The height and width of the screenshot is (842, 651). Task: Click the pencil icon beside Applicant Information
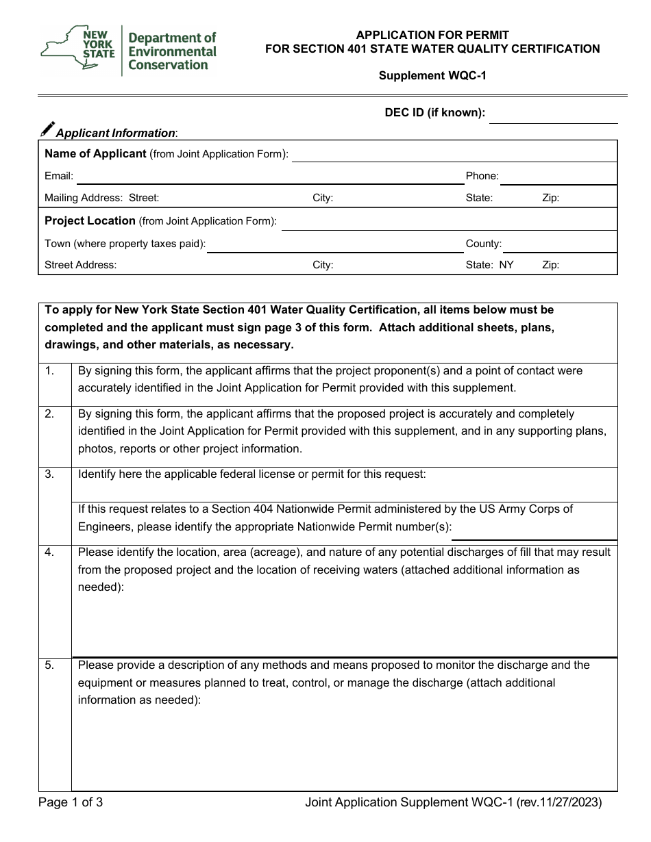point(47,130)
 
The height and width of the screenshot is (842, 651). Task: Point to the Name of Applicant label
point(95,154)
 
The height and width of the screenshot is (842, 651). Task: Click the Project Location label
point(90,221)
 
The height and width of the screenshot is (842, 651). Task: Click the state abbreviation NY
point(506,265)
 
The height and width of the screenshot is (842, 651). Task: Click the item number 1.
point(49,371)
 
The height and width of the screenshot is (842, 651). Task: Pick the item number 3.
point(49,474)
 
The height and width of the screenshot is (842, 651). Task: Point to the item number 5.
point(49,665)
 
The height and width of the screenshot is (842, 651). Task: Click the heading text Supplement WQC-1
point(432,76)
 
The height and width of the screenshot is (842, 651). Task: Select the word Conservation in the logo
point(169,65)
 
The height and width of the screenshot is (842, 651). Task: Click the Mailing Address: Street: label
point(101,199)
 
